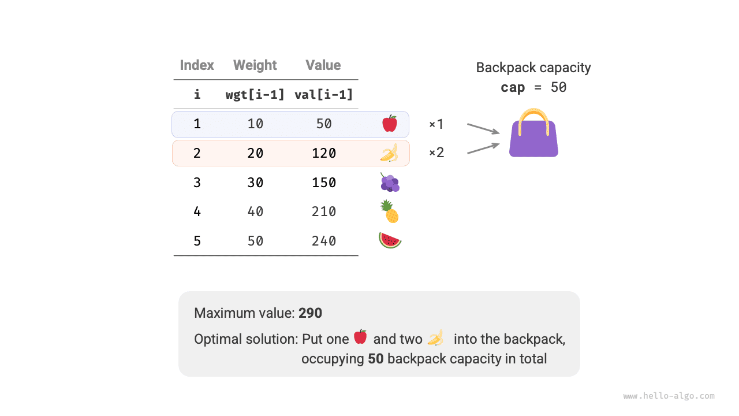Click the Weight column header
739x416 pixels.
pos(255,65)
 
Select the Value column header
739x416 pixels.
pos(323,65)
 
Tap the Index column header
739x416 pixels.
pos(197,65)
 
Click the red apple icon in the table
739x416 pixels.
pos(390,124)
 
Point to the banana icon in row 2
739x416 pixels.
pos(389,153)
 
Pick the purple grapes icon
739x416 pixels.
pos(390,183)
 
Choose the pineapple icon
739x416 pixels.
pos(390,211)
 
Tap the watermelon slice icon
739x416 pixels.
pos(390,240)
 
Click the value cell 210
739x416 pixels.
pos(324,211)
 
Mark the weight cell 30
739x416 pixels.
pos(255,183)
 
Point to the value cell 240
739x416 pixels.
pos(324,241)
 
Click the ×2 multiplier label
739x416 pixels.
pos(436,153)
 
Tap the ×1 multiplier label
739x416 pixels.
pos(436,124)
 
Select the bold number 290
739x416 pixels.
pos(311,313)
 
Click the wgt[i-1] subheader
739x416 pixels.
pos(255,94)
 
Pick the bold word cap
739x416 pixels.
pos(513,87)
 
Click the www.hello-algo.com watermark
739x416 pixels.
pos(669,396)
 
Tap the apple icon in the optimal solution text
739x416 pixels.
pos(360,336)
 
